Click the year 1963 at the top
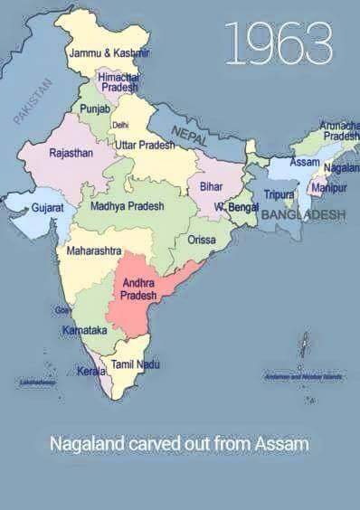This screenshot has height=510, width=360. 278,42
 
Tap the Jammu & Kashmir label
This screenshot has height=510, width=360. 109,53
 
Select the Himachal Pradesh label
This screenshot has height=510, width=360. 118,83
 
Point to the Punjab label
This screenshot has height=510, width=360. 94,109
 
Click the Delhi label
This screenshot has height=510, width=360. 119,125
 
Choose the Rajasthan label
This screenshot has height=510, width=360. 71,153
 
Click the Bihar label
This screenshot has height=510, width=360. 211,185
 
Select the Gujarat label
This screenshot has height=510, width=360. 47,207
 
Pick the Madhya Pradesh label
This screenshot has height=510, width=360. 127,206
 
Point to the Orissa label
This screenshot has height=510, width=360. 201,240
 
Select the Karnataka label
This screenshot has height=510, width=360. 85,331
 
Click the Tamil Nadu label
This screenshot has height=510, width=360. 135,364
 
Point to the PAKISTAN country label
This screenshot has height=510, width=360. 34,100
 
